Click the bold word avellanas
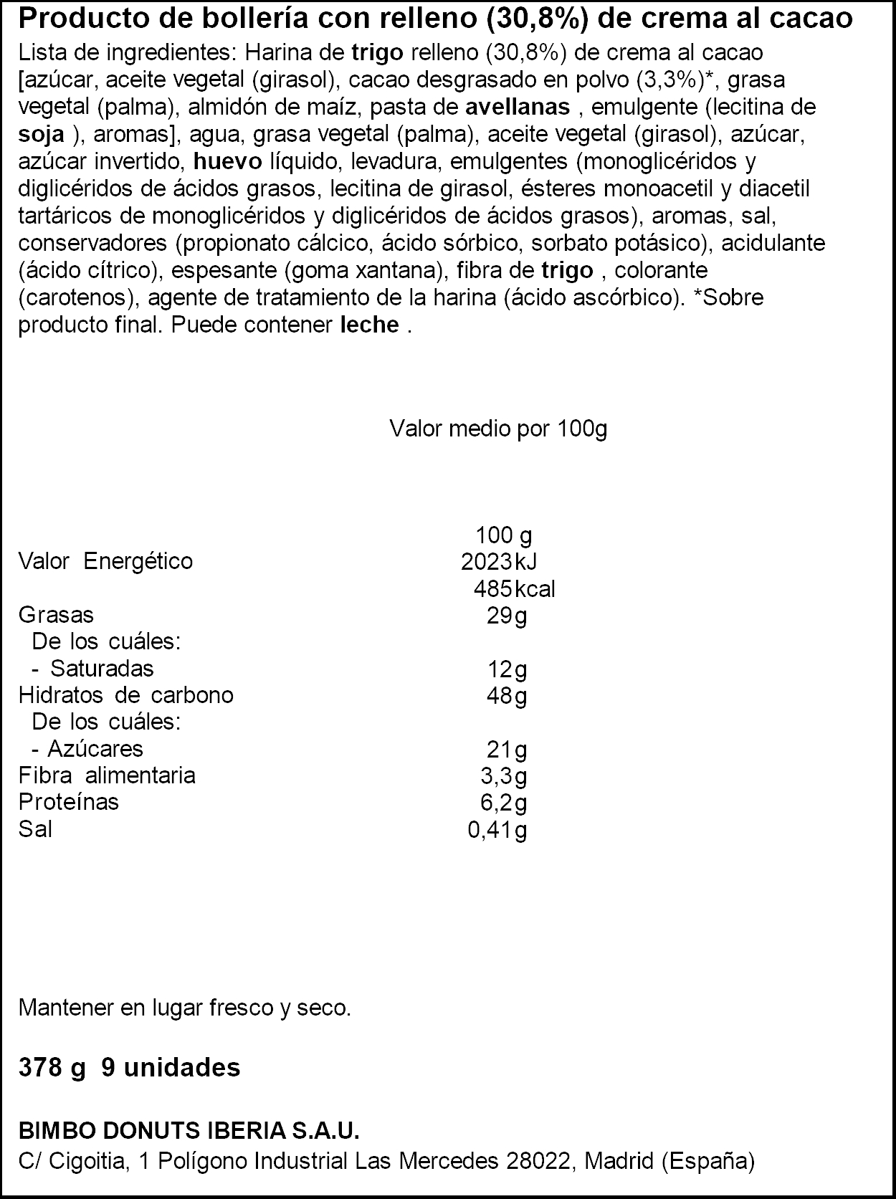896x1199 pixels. point(518,108)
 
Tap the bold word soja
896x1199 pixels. point(42,135)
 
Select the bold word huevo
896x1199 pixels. point(228,162)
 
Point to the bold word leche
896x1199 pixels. point(369,325)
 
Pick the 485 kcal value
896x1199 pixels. point(514,589)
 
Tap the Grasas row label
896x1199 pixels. point(56,615)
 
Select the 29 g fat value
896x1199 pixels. point(506,616)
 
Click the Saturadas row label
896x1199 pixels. point(102,669)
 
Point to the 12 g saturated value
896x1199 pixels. point(506,669)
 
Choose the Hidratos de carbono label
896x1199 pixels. point(125,695)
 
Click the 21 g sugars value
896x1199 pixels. point(506,750)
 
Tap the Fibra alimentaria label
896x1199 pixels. point(107,775)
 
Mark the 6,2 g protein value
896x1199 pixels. point(503,803)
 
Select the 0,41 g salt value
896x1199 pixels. point(497,830)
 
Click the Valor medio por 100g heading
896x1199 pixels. point(498,429)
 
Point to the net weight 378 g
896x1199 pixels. point(52,1068)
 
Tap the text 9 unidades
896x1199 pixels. point(171,1068)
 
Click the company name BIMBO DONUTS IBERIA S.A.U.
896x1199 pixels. point(189,1132)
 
